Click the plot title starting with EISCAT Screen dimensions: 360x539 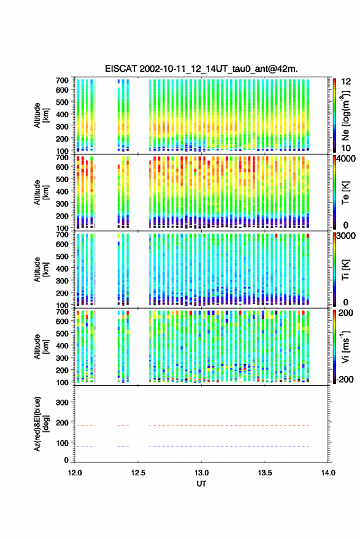pos(202,69)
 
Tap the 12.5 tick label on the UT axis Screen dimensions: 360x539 pos(138,473)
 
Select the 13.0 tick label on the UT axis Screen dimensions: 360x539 pos(201,473)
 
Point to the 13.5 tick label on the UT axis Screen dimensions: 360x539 pos(264,473)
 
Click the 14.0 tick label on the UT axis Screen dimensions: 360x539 pos(328,473)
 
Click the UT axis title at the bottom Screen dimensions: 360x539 pos(201,484)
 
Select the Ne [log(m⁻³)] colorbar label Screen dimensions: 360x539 pos(346,115)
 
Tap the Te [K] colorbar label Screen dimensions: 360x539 pos(345,193)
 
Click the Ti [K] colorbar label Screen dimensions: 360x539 pos(345,270)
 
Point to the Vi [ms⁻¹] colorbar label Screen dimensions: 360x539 pos(345,346)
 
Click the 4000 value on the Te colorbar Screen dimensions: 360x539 pos(346,159)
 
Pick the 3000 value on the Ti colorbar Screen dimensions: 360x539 pos(346,236)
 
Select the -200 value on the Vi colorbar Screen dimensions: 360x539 pos(344,379)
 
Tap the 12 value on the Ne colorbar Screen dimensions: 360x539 pos(346,82)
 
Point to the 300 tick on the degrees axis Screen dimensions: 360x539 pos(62,402)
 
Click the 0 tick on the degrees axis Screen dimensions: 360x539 pos(66,460)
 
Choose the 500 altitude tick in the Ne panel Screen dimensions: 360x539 pos(62,102)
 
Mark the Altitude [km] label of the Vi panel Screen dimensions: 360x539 pos(41,346)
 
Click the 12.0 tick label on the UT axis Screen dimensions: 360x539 pos(75,473)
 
